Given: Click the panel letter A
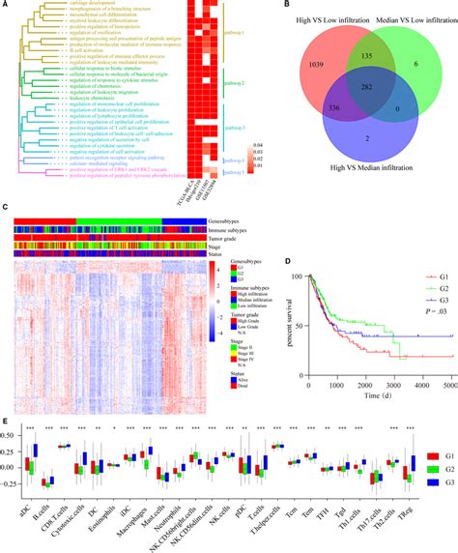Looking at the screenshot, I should coord(7,7).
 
